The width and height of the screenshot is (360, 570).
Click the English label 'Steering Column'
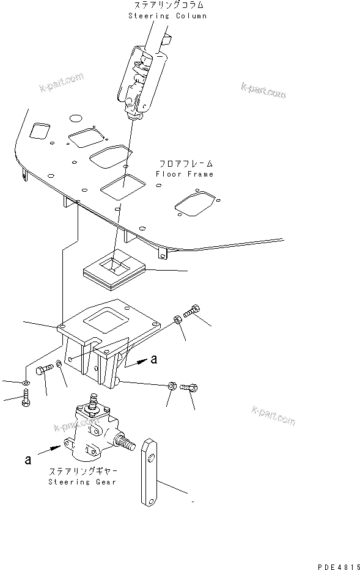tap(167, 15)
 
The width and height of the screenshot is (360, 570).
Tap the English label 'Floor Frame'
tap(184, 174)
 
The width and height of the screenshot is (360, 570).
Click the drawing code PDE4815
tap(338, 564)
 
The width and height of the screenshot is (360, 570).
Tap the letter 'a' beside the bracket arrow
tap(153, 360)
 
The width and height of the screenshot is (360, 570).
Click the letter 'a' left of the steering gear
tap(28, 459)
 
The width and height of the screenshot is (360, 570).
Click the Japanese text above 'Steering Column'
tap(166, 5)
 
